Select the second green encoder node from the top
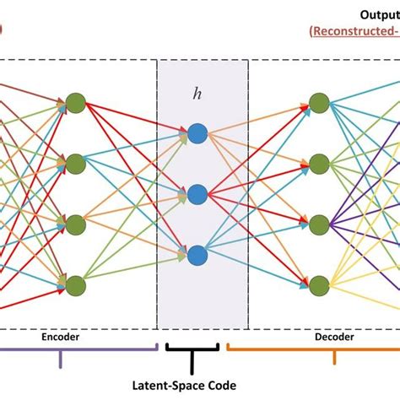(76, 162)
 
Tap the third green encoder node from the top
(76, 224)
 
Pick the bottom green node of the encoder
(76, 284)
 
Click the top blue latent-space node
(197, 132)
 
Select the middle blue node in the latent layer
(197, 193)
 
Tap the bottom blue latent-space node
(197, 254)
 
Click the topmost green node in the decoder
(318, 103)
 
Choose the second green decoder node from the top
(318, 162)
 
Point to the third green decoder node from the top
(318, 224)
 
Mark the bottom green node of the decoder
(318, 284)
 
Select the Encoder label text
(62, 336)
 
